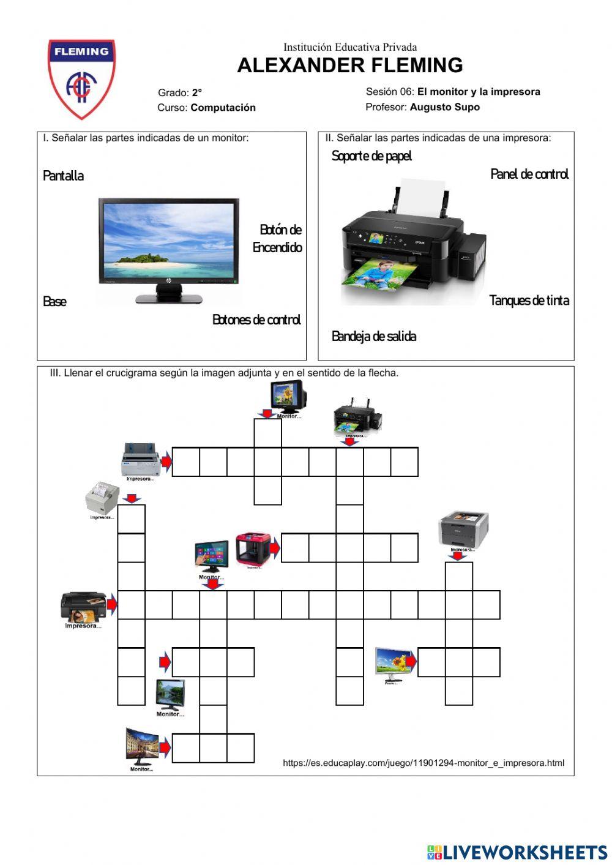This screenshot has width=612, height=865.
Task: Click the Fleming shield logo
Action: click(x=81, y=78)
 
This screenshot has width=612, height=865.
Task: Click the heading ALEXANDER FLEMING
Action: click(x=349, y=65)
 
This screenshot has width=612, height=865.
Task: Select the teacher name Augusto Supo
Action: click(x=444, y=107)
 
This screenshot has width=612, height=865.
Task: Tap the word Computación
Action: click(x=223, y=108)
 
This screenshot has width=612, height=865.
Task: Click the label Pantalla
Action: click(x=63, y=176)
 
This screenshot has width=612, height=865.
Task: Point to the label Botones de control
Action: click(x=256, y=320)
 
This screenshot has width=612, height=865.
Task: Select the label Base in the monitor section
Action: click(x=54, y=301)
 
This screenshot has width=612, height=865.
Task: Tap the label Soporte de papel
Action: click(x=371, y=156)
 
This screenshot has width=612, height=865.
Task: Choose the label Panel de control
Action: click(x=529, y=174)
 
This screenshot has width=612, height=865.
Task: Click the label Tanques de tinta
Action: click(x=529, y=300)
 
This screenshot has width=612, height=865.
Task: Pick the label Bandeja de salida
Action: click(x=373, y=336)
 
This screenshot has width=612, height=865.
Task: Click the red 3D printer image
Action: click(x=253, y=549)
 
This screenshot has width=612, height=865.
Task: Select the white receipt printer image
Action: click(x=102, y=498)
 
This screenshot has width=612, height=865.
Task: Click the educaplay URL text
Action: click(x=423, y=763)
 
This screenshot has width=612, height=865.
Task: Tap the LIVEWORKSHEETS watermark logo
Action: click(x=517, y=852)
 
